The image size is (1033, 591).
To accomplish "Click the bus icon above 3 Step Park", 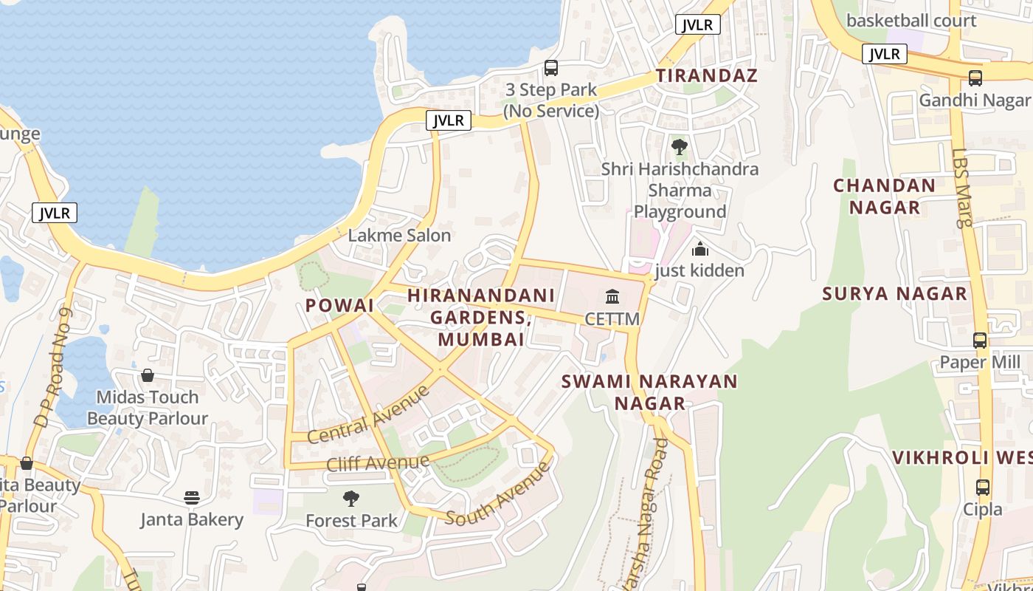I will pos(550,68).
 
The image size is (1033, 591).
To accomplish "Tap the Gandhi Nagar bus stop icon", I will pos(975,78).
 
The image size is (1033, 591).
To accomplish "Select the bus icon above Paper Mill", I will pos(979,341).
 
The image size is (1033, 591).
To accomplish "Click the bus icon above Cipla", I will pos(982,488).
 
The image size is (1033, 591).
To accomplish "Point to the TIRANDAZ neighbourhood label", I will pos(707,75).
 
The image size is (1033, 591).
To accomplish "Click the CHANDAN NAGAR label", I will pos(884,196).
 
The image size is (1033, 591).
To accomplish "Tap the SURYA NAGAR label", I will pos(894,293).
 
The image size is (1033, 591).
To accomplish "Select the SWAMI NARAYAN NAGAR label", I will pos(649,392).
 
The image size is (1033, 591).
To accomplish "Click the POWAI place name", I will pos(339,305).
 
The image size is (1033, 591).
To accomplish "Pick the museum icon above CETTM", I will pos(612,297).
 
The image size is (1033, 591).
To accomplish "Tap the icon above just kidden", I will pos(699,249).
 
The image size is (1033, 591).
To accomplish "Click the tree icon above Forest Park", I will pos(351,499).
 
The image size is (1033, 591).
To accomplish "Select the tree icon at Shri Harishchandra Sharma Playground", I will pos(680,147).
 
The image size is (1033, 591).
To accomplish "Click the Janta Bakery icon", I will pos(192,498).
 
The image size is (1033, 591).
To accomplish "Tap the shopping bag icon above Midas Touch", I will pos(148,375).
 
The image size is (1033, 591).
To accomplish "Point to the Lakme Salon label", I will pos(399,236).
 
